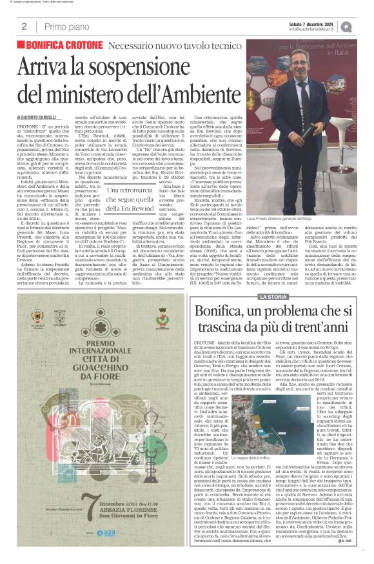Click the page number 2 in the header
pyautogui.click(x=24, y=26)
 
